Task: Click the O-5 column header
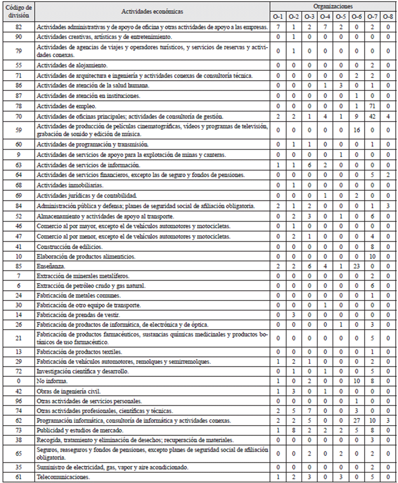341,17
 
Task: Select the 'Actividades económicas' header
152,12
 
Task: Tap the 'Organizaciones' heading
333,7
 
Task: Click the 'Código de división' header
18,12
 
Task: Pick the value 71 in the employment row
372,106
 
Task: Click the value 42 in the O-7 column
372,116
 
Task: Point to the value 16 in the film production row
356,130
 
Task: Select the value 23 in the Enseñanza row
356,266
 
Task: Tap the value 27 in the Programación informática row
356,420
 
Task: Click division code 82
18,27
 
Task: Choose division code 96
18,401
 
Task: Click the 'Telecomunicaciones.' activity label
63,477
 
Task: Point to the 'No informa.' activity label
52,381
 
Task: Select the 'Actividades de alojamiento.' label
72,65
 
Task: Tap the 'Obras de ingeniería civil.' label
68,391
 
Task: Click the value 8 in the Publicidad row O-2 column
294,430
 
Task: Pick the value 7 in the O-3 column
309,411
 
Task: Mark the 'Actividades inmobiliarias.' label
70,185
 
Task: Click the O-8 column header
388,17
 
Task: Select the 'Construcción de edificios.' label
70,247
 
